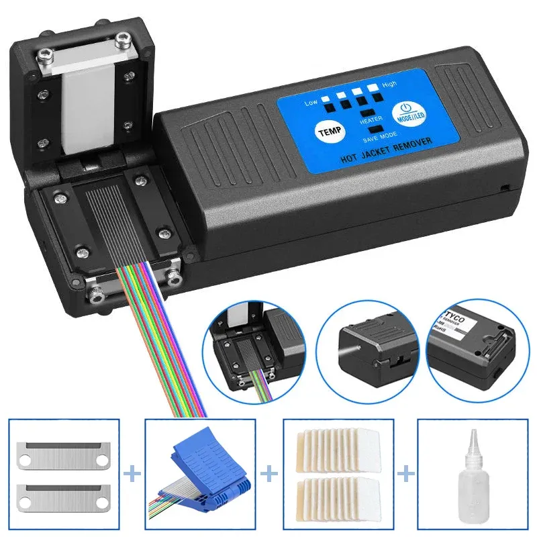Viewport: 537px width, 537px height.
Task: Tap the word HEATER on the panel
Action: coord(371,121)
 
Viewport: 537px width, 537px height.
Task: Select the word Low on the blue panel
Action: coord(310,102)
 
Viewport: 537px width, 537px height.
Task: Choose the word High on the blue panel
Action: coord(389,85)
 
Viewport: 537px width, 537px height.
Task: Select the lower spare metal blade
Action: coord(65,495)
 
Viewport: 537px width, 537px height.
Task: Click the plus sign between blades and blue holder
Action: coord(134,475)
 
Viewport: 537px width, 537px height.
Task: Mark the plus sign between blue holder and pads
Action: coord(270,475)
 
